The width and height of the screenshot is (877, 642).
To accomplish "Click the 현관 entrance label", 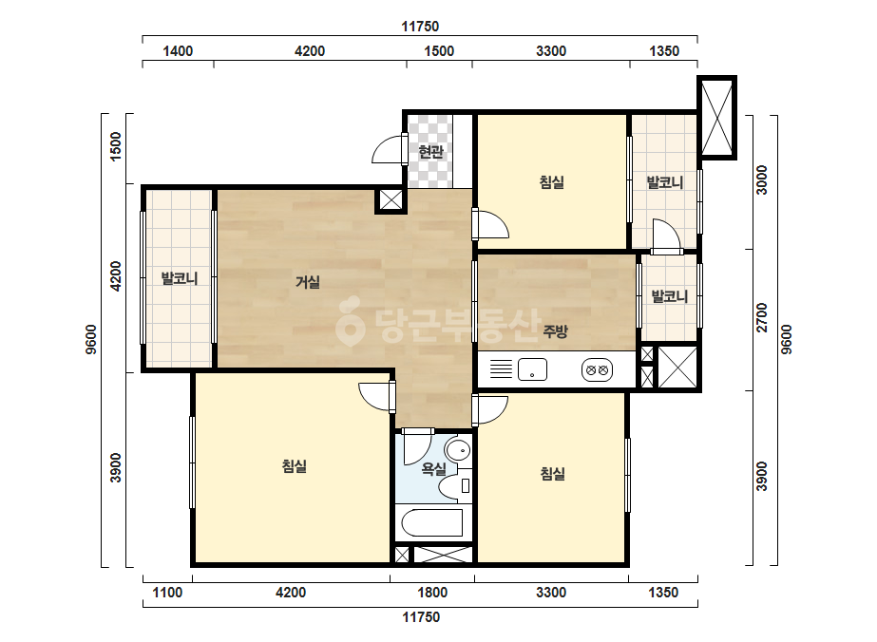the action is coord(430,152).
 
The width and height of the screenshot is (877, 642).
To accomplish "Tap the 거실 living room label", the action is coord(308,282).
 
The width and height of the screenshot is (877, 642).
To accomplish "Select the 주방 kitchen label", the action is coord(556,331).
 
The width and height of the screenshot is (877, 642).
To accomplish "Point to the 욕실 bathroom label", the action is coord(434,469).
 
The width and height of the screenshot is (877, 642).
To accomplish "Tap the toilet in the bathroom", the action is coord(457,485).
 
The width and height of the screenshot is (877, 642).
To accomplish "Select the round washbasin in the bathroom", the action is coord(459,449).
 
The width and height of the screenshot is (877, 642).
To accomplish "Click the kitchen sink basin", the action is coord(532,369).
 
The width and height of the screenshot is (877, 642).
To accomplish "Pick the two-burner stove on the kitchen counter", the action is coord(597,369).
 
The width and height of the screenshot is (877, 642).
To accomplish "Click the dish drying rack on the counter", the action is coord(501,369).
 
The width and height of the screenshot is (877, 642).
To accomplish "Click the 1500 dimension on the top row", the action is coord(439,51).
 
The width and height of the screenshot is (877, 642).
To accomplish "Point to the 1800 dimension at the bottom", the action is coord(432,593).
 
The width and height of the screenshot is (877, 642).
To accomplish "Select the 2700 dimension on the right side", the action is coord(762,317).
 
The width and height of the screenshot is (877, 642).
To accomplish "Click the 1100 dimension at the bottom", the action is coord(167,593).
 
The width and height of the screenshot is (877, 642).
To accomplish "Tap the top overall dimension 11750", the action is coord(420,27).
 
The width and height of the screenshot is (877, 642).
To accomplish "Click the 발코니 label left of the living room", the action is coord(180,278).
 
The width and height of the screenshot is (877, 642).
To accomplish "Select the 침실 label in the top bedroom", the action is coord(551,182).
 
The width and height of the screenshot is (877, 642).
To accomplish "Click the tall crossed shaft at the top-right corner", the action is coord(716,117).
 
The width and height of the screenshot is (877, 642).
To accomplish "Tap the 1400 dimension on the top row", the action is coord(178,51).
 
